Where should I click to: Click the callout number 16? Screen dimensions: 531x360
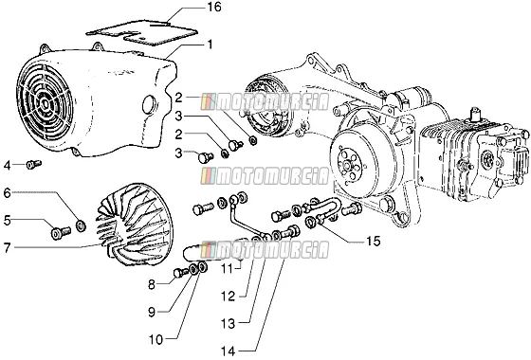click(x=213, y=8)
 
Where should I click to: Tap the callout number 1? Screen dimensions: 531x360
click(x=211, y=45)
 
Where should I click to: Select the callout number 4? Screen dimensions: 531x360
click(x=8, y=166)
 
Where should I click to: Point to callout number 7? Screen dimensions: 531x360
click(x=8, y=248)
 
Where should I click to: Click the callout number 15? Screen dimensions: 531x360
click(x=373, y=242)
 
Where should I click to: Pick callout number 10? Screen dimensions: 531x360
click(x=156, y=339)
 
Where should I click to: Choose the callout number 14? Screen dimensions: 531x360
click(x=228, y=351)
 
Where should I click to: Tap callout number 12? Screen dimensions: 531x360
click(x=228, y=297)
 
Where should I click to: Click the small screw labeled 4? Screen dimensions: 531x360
click(x=34, y=165)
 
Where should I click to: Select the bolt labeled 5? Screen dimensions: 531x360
click(x=61, y=232)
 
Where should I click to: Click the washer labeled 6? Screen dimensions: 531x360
click(x=81, y=225)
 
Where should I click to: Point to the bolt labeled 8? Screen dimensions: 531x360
click(x=180, y=273)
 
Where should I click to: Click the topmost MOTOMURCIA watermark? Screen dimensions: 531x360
click(x=265, y=102)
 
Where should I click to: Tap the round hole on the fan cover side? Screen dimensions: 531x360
click(x=149, y=104)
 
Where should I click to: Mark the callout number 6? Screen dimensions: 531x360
click(x=8, y=193)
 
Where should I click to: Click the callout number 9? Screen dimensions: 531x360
click(x=152, y=312)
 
